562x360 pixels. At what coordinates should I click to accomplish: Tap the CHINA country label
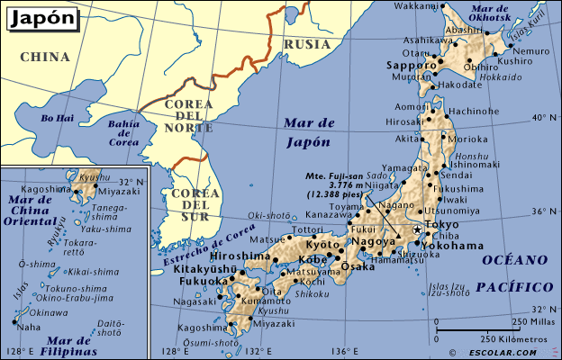pyautogui.click(x=45, y=57)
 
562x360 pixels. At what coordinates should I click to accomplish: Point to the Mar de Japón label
pyautogui.click(x=307, y=132)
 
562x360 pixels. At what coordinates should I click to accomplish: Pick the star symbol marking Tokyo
pyautogui.click(x=416, y=230)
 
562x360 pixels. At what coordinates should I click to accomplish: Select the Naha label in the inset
pyautogui.click(x=30, y=327)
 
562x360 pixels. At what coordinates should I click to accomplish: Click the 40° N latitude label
pyautogui.click(x=542, y=118)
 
